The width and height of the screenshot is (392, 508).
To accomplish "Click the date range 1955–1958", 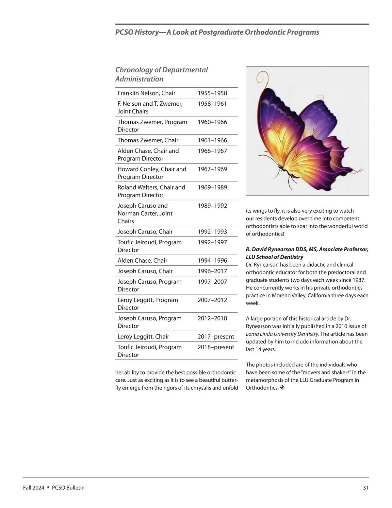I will [x=212, y=93].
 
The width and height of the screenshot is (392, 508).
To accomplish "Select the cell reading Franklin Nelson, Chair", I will [x=146, y=93].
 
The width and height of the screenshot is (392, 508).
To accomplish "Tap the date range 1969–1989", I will [x=212, y=187].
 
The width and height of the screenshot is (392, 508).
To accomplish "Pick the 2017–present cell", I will [x=216, y=337].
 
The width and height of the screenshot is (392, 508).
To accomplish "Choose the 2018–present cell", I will [x=216, y=347].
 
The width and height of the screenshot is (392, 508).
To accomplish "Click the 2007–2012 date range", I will [x=212, y=300].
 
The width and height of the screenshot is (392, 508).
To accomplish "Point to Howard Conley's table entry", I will [x=152, y=173].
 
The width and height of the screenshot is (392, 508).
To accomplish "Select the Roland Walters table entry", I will [x=151, y=191].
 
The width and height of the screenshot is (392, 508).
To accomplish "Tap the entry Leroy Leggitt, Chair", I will [x=143, y=337].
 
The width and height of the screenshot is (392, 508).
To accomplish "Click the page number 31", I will [x=366, y=488].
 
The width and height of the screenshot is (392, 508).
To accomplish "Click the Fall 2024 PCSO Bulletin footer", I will [x=54, y=488].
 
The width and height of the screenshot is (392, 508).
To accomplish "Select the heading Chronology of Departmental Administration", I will [x=161, y=74].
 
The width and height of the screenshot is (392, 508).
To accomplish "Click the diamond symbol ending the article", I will [x=282, y=388].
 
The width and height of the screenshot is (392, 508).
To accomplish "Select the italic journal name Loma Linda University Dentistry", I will [x=282, y=334].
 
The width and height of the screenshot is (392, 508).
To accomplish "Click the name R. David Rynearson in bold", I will [x=274, y=249].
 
